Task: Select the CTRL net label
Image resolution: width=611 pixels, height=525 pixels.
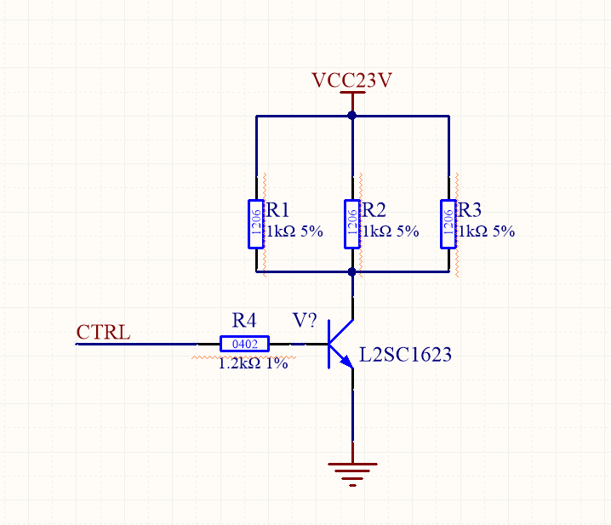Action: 104,332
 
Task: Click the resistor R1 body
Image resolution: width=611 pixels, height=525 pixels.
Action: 256,224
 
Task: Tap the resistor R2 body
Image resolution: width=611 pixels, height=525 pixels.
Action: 352,224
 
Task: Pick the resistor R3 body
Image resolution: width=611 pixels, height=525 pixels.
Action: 448,224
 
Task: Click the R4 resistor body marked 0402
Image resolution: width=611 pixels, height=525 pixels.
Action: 244,344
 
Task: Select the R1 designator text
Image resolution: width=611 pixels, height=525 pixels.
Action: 279,211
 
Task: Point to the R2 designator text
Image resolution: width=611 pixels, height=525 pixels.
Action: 375,211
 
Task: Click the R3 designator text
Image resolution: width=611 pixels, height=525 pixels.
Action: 471,211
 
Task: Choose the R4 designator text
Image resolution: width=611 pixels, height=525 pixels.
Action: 244,321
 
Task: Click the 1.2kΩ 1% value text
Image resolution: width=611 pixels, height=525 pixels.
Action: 253,363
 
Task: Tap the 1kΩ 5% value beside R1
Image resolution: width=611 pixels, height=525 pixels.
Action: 294,231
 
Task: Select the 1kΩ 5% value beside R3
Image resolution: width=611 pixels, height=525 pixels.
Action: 487,231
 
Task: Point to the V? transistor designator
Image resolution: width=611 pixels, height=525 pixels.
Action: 305,321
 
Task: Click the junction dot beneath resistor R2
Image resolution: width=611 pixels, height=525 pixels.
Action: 352,272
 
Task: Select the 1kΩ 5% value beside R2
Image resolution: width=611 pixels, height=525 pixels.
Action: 391,231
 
